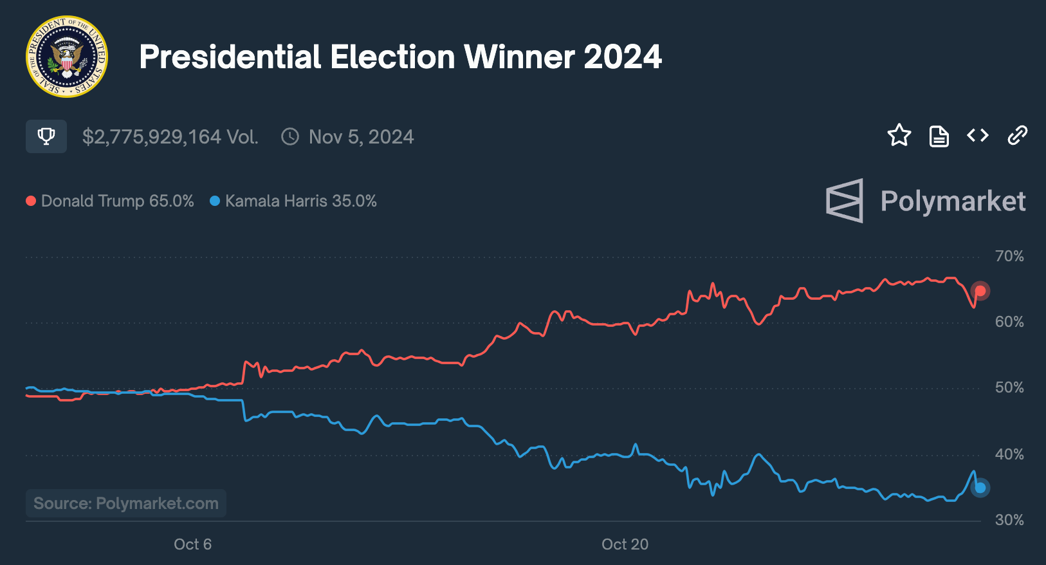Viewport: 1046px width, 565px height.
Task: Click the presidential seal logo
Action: tap(67, 57)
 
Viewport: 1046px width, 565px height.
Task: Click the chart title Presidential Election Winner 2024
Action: tap(400, 57)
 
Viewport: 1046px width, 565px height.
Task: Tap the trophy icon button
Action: tap(46, 136)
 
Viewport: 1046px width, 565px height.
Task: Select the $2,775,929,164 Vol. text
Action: tap(170, 137)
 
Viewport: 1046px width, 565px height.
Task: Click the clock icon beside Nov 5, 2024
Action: tap(290, 136)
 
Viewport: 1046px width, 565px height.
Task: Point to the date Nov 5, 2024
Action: tap(361, 137)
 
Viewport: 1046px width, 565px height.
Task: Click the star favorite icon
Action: tap(899, 135)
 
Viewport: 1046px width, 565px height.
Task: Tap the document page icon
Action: tap(939, 136)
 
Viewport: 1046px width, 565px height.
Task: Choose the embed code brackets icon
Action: tap(977, 135)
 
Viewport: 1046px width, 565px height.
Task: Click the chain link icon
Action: tap(1017, 135)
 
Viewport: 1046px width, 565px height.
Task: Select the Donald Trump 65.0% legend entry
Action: tap(110, 201)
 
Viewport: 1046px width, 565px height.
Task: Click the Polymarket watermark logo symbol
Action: tap(845, 201)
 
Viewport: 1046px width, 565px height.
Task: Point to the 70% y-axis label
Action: tap(1009, 256)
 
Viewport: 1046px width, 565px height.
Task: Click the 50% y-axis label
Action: tap(1009, 387)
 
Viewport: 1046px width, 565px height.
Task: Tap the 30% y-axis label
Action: tap(1009, 520)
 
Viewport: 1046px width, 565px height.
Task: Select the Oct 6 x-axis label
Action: tap(192, 544)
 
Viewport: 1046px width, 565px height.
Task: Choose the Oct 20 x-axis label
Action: tap(625, 544)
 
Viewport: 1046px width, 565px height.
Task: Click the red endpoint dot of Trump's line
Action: tap(980, 291)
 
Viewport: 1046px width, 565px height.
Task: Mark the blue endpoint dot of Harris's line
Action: tap(980, 488)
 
